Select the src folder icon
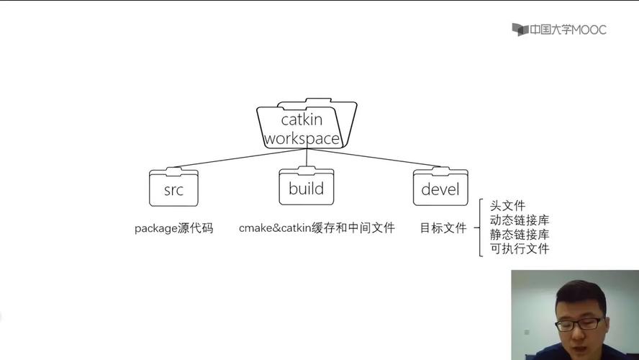click(173, 189)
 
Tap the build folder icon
click(306, 186)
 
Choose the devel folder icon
click(440, 188)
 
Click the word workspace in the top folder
click(302, 138)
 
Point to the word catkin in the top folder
click(302, 120)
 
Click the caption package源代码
click(173, 228)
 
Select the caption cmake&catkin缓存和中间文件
click(317, 228)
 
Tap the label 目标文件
click(443, 228)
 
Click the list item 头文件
click(507, 207)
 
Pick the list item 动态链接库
click(519, 220)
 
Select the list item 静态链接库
click(519, 235)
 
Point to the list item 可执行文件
click(519, 249)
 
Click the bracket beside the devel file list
click(480, 228)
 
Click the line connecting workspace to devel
click(374, 160)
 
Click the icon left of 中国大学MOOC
click(520, 30)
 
